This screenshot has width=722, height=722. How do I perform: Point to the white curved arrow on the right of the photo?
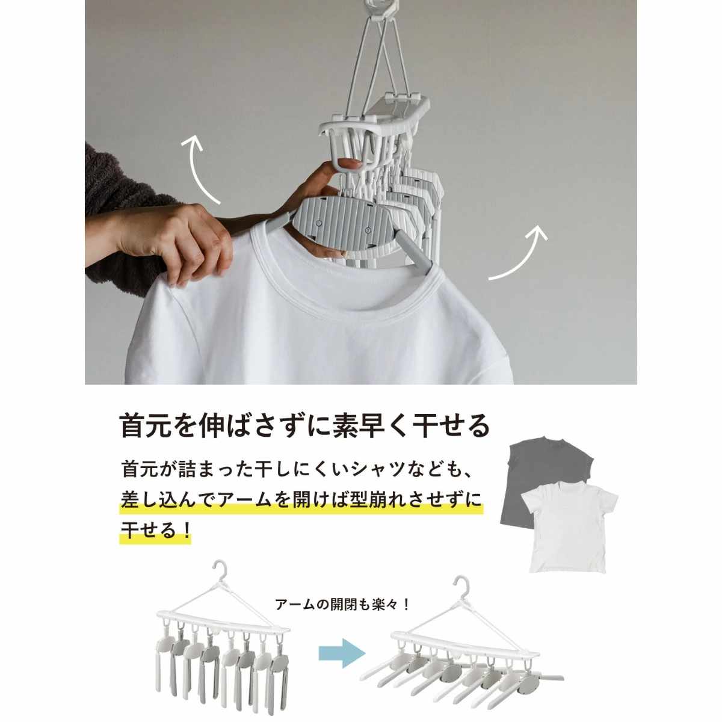coord(522,255)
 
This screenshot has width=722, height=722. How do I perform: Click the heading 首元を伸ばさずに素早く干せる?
coord(305,426)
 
